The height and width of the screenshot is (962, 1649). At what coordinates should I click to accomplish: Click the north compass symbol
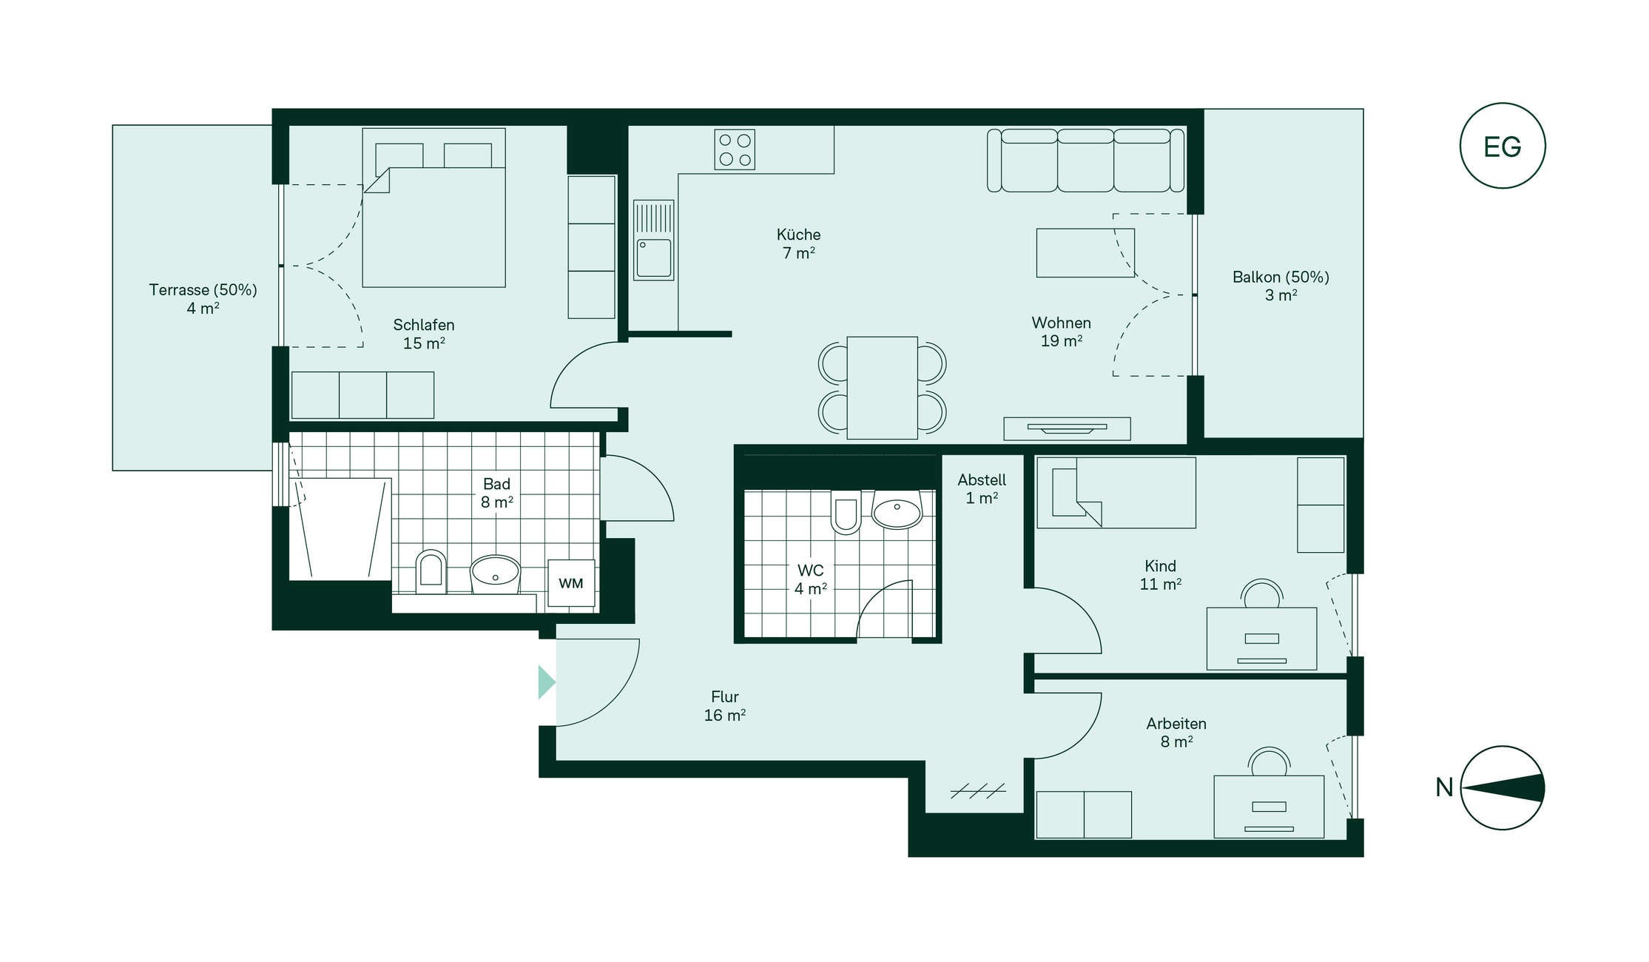[1503, 787]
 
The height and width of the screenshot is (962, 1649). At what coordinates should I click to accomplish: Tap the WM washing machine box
[571, 583]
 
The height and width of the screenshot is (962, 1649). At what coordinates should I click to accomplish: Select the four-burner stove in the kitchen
[735, 149]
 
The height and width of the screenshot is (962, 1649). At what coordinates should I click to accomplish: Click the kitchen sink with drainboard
[654, 240]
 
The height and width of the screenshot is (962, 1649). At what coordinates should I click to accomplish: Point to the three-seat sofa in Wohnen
[1085, 161]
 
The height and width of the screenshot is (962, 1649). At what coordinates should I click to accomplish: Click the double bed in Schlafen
[434, 208]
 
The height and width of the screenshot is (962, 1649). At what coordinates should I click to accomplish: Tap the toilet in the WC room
[846, 511]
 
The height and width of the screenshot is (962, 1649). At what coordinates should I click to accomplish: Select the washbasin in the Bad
[496, 574]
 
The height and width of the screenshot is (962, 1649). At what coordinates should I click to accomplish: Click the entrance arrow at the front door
[546, 682]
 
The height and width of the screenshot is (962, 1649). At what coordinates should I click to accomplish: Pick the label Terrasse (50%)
[203, 290]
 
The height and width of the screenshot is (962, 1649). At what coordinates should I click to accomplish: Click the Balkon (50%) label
[1281, 277]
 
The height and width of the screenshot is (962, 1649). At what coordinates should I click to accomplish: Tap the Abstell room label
[982, 480]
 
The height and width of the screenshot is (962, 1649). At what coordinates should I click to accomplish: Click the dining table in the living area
[882, 388]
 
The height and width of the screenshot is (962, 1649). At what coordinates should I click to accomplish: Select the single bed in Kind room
[1116, 493]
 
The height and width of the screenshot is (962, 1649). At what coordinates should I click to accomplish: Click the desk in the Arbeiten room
[1269, 807]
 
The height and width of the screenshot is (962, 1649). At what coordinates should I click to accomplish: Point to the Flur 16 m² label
[725, 706]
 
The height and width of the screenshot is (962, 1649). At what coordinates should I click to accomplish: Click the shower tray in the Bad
[340, 529]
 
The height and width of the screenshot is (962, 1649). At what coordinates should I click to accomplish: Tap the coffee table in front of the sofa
[1085, 252]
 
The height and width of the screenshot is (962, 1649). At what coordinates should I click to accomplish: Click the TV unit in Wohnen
[1067, 428]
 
